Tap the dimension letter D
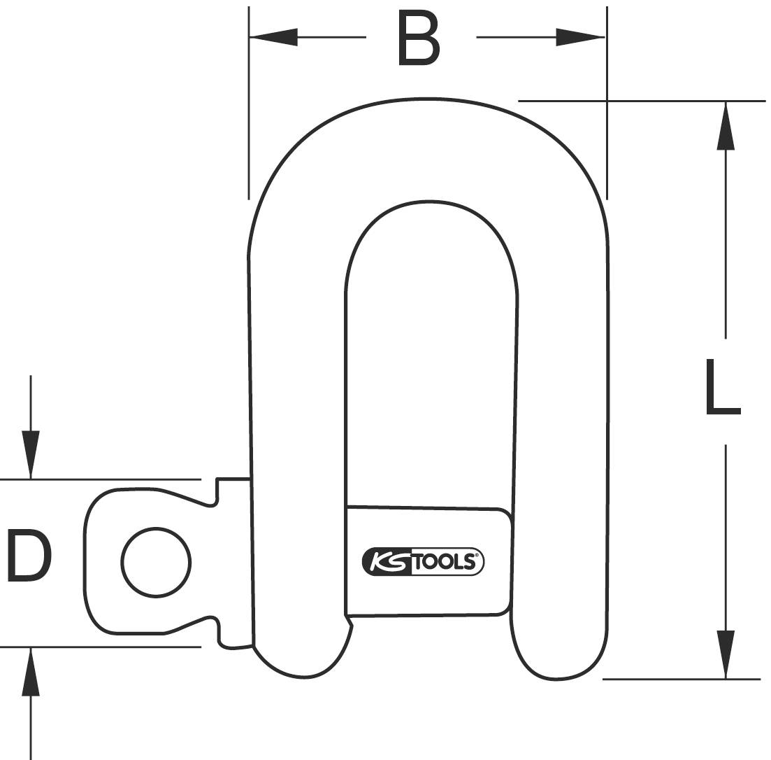point(29,557)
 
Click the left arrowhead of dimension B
point(273,37)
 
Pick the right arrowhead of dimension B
point(579,37)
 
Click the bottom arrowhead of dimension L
point(726,654)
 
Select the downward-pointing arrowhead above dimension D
point(30,454)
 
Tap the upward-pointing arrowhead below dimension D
point(30,672)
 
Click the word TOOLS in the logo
point(445,561)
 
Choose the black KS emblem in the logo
point(386,561)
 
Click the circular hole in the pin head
point(156,562)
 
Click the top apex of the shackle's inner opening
point(429,202)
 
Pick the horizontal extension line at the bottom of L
point(681,679)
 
